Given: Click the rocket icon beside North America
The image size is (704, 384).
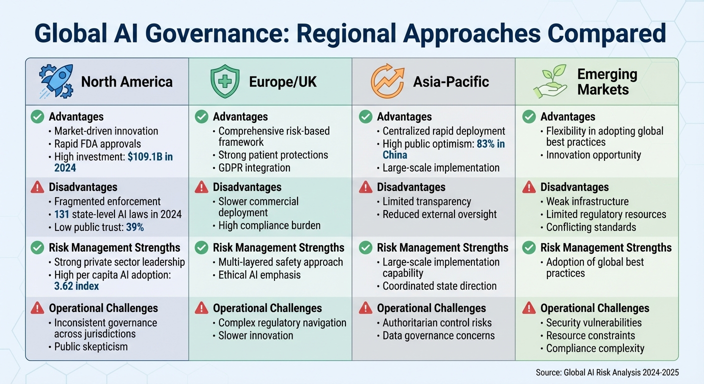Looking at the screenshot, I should (55, 81).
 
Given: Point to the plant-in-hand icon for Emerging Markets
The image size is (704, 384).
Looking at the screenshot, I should (550, 81).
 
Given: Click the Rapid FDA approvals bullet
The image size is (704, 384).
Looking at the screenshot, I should (97, 144).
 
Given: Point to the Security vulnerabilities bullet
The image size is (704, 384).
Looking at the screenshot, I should (593, 323).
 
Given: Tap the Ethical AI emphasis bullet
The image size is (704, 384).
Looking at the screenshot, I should (259, 274).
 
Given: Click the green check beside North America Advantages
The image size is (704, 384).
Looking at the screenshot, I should (37, 117).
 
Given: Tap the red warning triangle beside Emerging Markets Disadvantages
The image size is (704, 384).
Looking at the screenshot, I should (528, 187).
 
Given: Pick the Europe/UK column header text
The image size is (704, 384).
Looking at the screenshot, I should (282, 82).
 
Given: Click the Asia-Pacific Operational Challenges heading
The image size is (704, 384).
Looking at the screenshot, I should (431, 308).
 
